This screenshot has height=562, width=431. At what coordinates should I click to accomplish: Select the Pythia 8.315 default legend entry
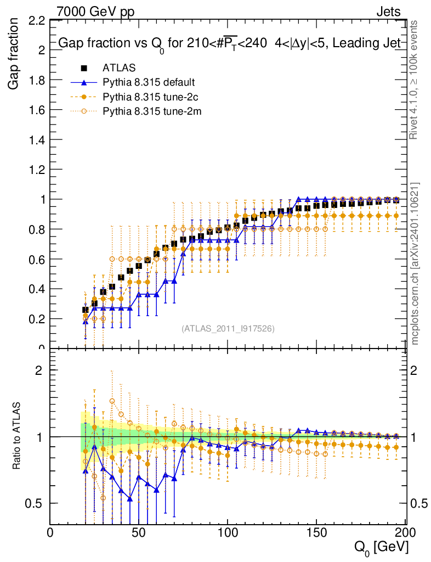[149, 82]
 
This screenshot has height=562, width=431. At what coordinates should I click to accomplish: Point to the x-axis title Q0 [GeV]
[381, 547]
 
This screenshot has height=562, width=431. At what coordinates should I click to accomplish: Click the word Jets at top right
[388, 12]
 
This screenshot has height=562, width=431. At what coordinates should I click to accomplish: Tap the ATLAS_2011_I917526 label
[228, 328]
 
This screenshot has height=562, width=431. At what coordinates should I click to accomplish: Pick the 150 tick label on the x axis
[316, 532]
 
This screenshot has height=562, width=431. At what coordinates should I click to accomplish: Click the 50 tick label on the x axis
[139, 532]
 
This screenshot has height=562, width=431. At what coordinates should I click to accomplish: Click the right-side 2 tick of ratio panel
[415, 370]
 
